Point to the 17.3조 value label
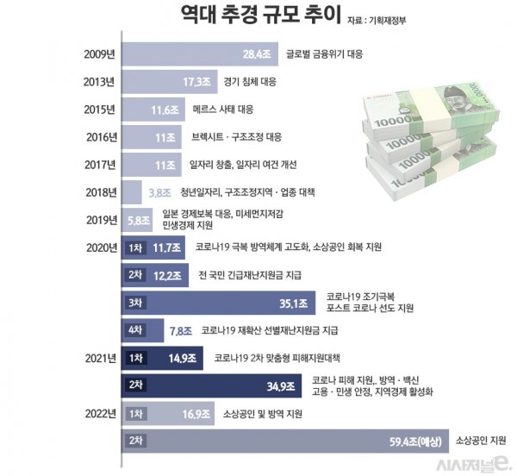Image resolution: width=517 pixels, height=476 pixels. pyautogui.click(x=200, y=82)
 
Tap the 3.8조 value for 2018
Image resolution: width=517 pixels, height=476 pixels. pyautogui.click(x=159, y=192)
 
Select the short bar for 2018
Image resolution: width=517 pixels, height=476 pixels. pyautogui.click(x=132, y=192)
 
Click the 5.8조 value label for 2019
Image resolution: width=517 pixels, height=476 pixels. pyautogui.click(x=139, y=220)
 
